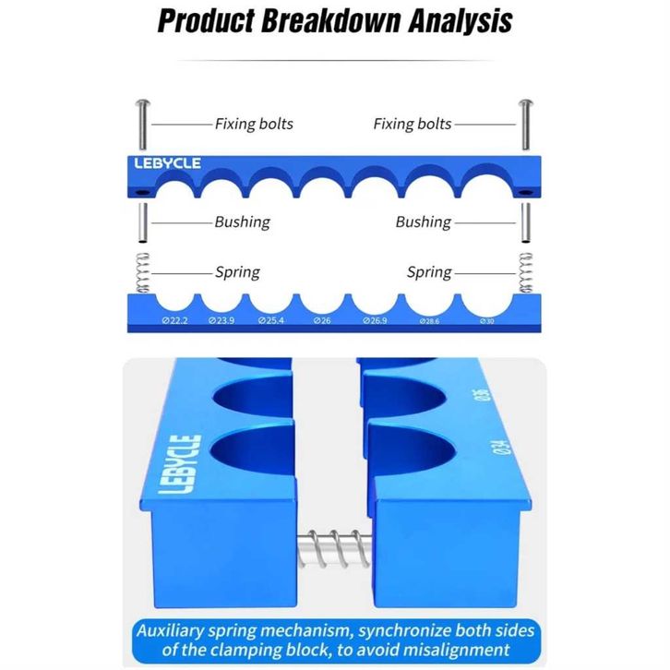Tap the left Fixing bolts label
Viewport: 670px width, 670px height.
click(x=254, y=124)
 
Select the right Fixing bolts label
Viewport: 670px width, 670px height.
click(x=413, y=124)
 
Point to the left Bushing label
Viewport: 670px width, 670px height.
click(x=242, y=221)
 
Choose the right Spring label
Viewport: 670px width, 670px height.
click(x=429, y=272)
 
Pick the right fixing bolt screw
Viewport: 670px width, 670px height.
click(x=527, y=125)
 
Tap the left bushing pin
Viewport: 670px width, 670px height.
click(x=141, y=222)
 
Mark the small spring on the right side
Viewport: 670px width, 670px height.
click(x=526, y=273)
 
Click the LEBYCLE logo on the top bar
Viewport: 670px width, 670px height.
click(x=162, y=163)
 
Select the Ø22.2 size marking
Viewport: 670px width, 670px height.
click(x=174, y=320)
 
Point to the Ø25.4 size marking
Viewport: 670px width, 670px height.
click(x=271, y=320)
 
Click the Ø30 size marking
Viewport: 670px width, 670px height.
click(x=488, y=320)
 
